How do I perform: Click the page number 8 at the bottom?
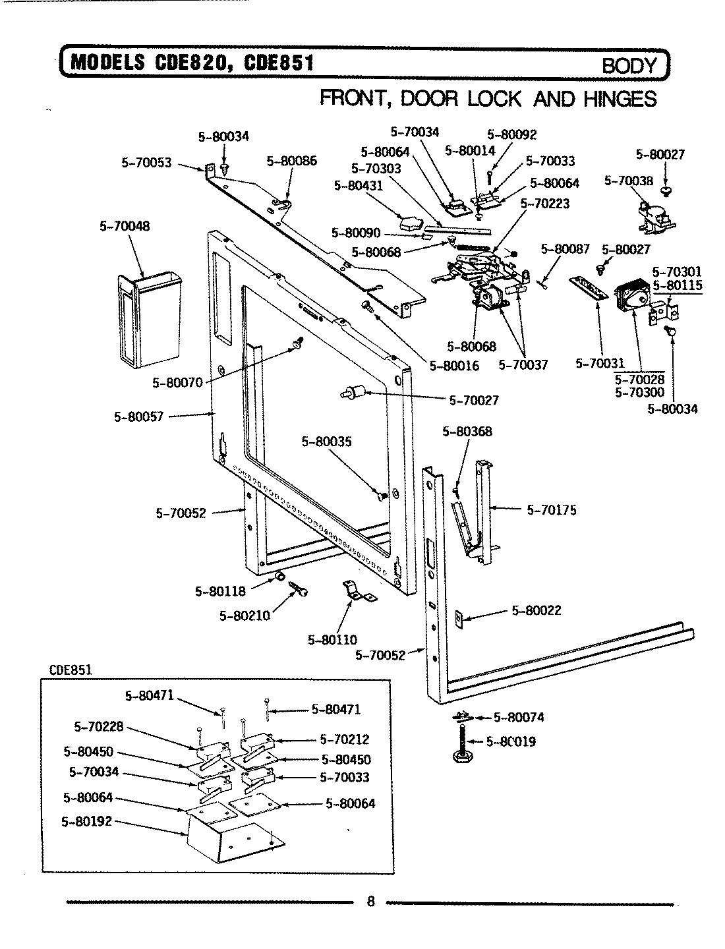pos(370,902)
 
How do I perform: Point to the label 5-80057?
pos(138,416)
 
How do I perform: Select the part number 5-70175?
pos(551,509)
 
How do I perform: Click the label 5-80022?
pos(536,610)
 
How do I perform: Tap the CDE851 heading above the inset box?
pos(71,670)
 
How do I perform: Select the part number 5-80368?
pos(467,432)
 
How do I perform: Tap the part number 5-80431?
pos(358,186)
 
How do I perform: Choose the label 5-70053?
pos(146,161)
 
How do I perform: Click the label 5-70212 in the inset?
pos(344,739)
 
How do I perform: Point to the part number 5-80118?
pos(220,591)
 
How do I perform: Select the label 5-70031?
pos(599,363)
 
